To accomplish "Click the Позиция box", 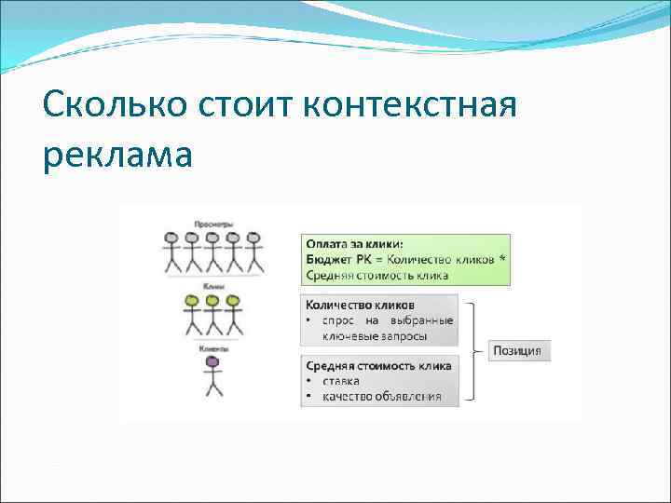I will click(x=520, y=350).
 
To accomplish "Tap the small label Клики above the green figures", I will click(x=212, y=286).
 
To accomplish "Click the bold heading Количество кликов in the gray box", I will click(x=360, y=305).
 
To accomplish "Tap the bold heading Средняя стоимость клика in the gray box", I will click(x=378, y=365).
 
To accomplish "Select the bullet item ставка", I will click(x=341, y=381).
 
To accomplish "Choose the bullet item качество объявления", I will click(x=381, y=397).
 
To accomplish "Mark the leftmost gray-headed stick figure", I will click(x=171, y=252).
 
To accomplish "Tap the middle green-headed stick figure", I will click(x=212, y=315).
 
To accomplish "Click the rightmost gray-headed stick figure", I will click(x=253, y=252).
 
